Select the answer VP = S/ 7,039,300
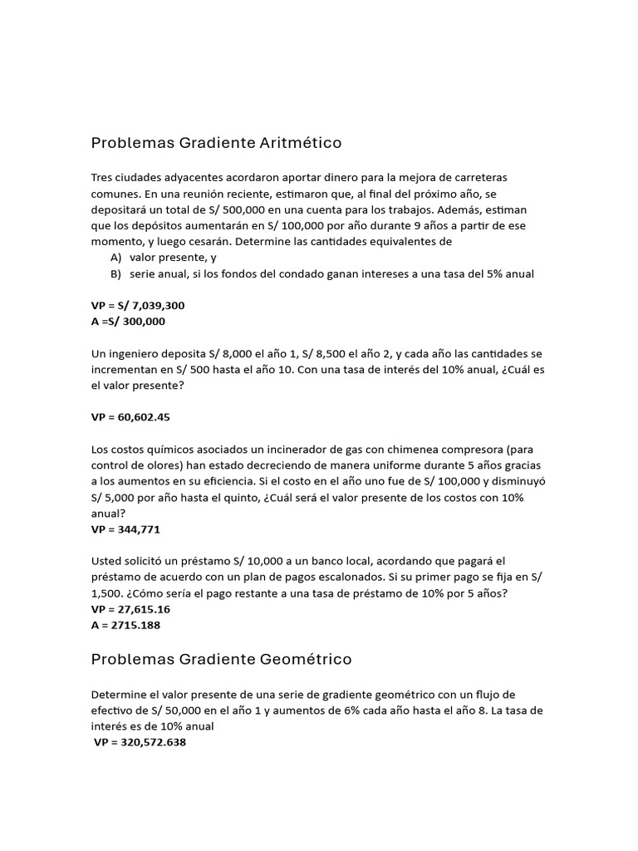pyautogui.click(x=138, y=306)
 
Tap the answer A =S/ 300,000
pyautogui.click(x=128, y=322)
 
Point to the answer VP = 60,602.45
pyautogui.click(x=130, y=417)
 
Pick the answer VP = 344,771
pyautogui.click(x=125, y=529)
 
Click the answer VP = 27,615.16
pyautogui.click(x=130, y=609)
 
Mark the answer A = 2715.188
pyautogui.click(x=125, y=625)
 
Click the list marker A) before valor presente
pyautogui.click(x=116, y=258)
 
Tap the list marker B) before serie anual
pyautogui.click(x=116, y=273)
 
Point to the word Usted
pyautogui.click(x=107, y=561)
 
